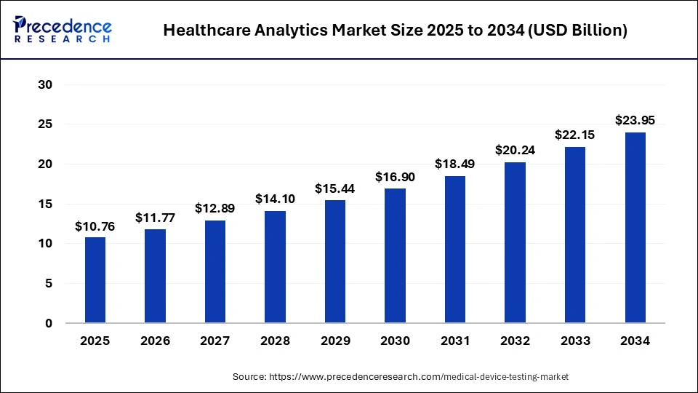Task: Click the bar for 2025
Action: point(95,280)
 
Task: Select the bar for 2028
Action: point(275,267)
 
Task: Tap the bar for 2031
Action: point(455,250)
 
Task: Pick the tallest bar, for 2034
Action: point(635,228)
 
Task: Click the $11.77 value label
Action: point(155,218)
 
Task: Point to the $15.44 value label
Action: point(334,188)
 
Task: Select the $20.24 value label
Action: point(515,151)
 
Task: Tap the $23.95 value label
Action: point(635,121)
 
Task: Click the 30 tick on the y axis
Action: point(45,85)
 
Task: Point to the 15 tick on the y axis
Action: point(45,205)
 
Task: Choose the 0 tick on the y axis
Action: point(49,323)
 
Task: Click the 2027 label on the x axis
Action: point(215,341)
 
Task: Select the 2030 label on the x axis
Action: point(395,341)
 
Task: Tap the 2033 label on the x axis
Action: point(575,341)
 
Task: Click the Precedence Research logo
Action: point(63,29)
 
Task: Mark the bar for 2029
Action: point(334,262)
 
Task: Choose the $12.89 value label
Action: point(215,209)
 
